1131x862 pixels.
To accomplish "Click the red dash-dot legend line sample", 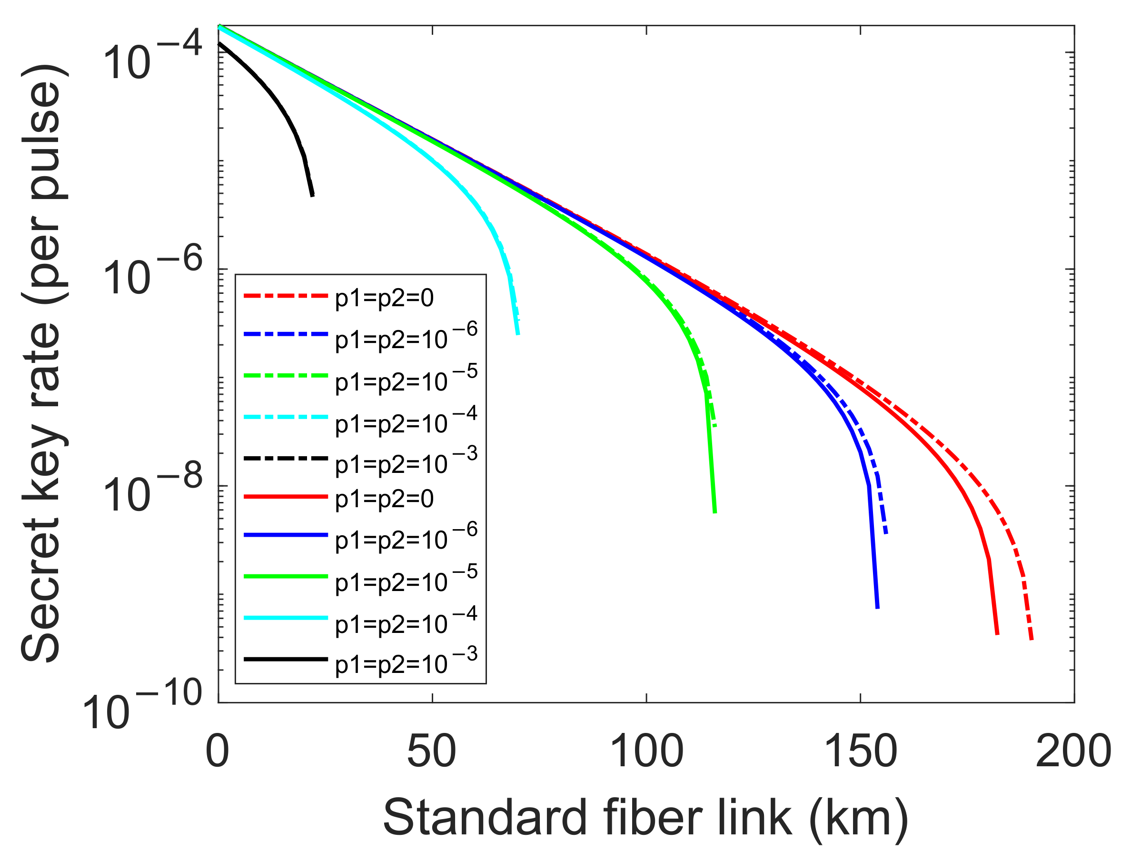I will tap(286, 296).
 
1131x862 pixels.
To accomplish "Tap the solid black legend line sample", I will tap(286, 659).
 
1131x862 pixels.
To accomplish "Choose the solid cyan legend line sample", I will tap(286, 618).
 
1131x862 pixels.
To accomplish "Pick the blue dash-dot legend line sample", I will tap(286, 334).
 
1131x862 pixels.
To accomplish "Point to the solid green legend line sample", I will tap(286, 577).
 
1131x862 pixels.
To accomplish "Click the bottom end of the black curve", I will tap(312, 195).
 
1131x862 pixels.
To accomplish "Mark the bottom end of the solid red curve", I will tap(997, 634).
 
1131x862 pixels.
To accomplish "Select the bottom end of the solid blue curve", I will tap(878, 608).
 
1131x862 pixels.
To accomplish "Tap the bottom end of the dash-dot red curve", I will tap(1032, 640).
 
